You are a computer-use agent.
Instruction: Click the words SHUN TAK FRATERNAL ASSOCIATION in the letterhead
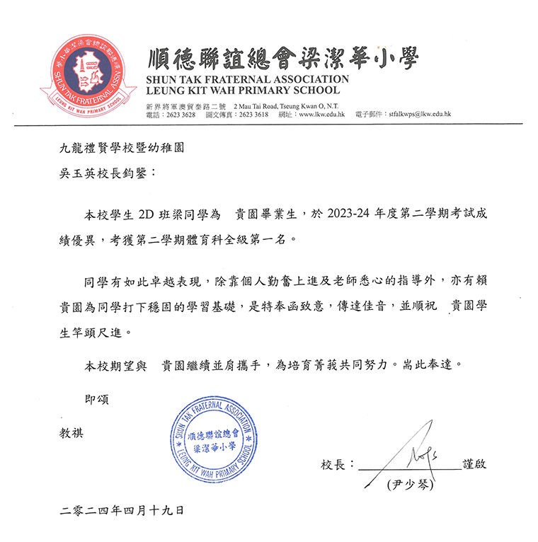click(x=248, y=79)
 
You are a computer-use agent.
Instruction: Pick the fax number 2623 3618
click(x=253, y=115)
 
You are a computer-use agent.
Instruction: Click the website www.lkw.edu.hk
click(x=321, y=115)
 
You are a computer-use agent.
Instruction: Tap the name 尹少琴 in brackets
click(x=405, y=485)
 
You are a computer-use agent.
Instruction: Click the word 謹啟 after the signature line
click(x=474, y=465)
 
